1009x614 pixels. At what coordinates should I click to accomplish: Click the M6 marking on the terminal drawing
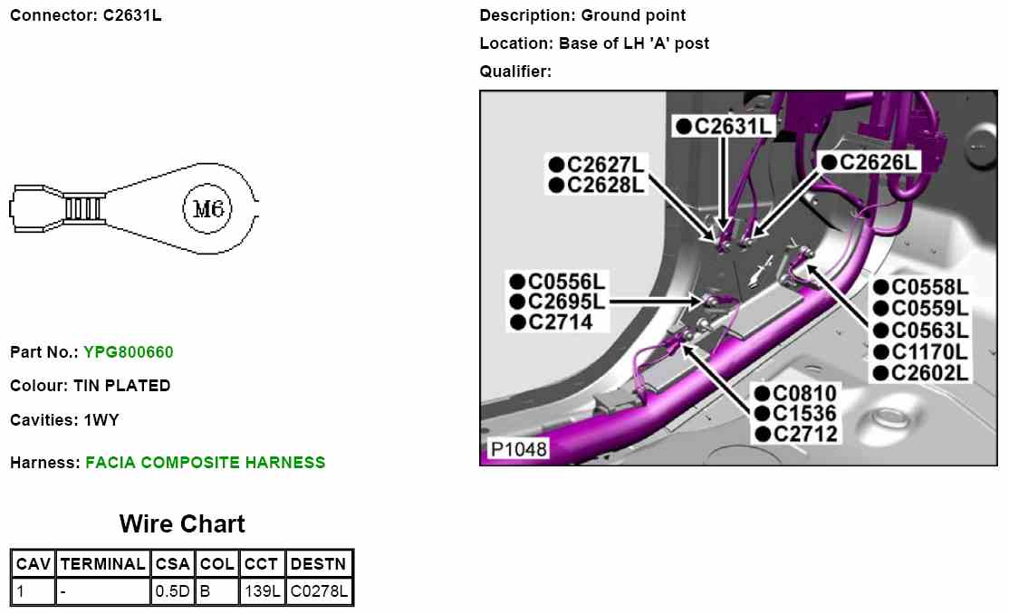click(208, 209)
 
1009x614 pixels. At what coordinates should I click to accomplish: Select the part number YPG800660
click(128, 352)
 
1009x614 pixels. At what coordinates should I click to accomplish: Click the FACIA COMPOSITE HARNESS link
click(205, 463)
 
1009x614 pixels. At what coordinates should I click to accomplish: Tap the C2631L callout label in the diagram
click(732, 126)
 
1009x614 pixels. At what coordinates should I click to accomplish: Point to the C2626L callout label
click(878, 162)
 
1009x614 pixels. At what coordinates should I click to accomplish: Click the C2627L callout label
click(605, 165)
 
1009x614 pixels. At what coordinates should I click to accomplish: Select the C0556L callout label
click(566, 282)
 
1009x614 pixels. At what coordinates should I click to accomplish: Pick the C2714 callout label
click(560, 321)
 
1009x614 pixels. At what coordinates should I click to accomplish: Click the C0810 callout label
click(804, 393)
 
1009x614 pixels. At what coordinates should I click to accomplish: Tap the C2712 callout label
click(804, 434)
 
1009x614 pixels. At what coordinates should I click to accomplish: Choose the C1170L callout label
click(929, 351)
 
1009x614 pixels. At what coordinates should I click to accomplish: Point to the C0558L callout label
click(929, 288)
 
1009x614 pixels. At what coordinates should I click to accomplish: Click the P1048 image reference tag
click(518, 449)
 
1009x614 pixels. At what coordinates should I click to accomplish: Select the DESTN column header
click(319, 563)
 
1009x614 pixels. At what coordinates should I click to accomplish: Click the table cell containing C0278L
click(319, 593)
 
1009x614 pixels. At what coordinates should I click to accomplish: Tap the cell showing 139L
click(262, 593)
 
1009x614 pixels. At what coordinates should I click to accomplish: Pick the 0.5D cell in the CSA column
click(172, 593)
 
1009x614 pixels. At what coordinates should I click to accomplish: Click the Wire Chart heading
click(182, 524)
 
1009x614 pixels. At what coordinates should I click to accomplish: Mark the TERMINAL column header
click(102, 563)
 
